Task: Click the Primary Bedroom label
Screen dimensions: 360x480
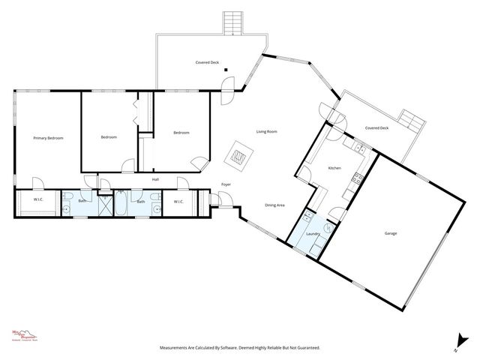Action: (47, 139)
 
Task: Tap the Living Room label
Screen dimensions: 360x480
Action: (267, 132)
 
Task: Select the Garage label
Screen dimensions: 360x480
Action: (391, 233)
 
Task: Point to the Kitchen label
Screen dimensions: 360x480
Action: (334, 168)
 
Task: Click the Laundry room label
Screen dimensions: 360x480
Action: (313, 234)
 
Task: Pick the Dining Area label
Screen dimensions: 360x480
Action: (274, 205)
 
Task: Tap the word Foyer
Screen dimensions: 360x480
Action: (226, 184)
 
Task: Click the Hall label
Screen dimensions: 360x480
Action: (155, 179)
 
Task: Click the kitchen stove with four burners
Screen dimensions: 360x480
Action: (358, 178)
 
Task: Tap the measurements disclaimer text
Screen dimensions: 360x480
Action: (239, 348)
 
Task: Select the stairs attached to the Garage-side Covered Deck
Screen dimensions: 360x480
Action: (410, 120)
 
